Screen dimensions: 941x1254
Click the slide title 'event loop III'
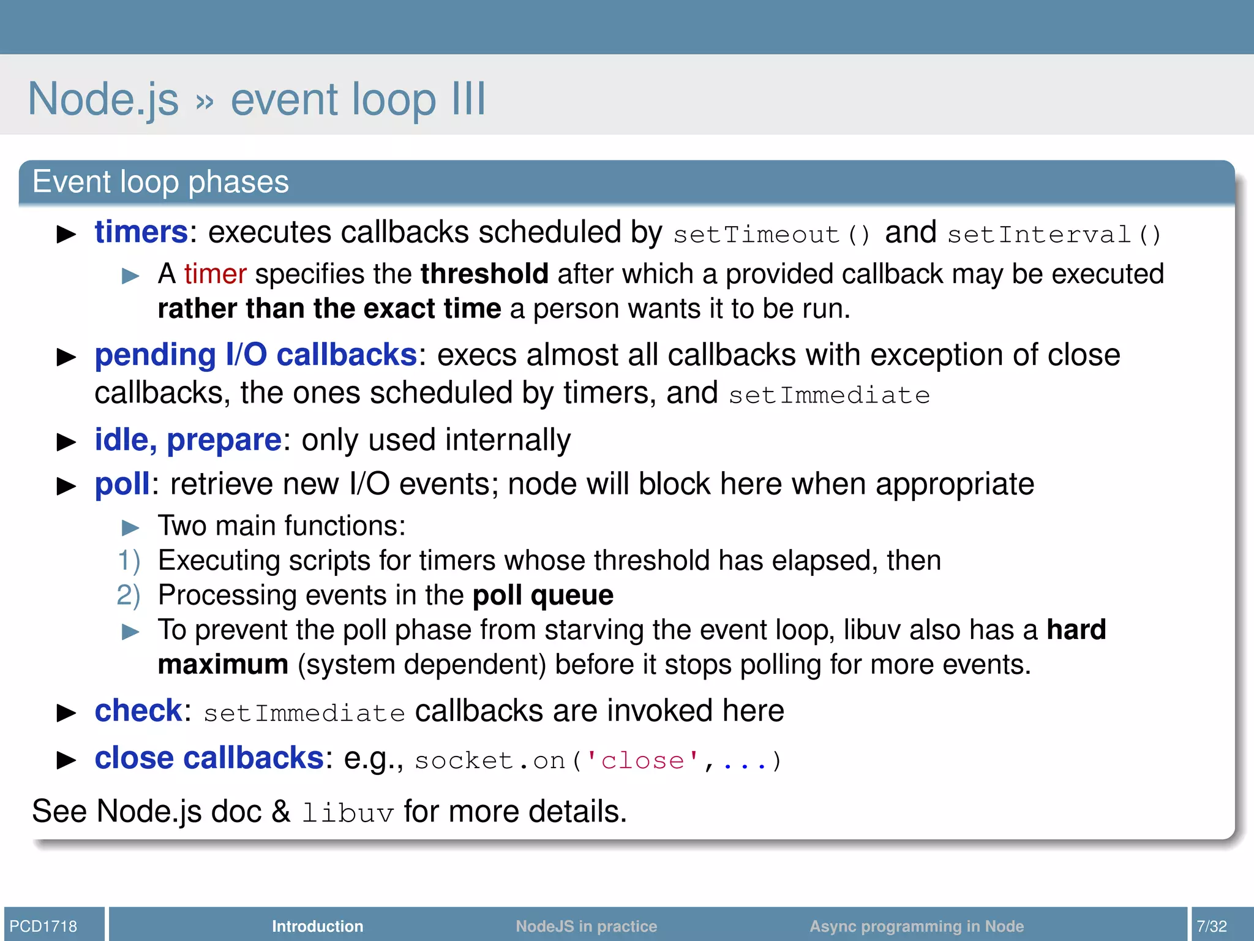(x=358, y=99)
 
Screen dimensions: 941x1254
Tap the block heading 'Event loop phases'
(x=160, y=182)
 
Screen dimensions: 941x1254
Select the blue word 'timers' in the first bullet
(x=141, y=232)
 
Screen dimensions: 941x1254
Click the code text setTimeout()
(x=772, y=235)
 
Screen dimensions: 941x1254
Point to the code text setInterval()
(x=1054, y=235)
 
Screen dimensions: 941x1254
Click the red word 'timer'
(x=215, y=274)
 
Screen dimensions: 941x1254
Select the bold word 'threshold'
(x=484, y=274)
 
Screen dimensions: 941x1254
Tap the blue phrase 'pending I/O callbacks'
(x=256, y=355)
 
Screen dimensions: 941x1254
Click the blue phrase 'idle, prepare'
(x=188, y=440)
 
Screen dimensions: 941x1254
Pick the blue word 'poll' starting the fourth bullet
(x=122, y=484)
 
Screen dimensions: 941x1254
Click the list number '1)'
(x=129, y=561)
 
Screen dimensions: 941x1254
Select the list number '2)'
(x=129, y=595)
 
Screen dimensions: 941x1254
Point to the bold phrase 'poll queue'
(x=543, y=595)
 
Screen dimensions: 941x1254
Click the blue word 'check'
(x=138, y=711)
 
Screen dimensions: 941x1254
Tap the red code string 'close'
(x=642, y=761)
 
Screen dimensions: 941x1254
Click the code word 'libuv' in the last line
(x=347, y=813)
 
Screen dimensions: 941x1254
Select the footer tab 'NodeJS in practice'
(x=586, y=926)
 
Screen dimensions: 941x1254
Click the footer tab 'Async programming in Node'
(x=916, y=926)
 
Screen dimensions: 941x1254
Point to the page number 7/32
(x=1212, y=926)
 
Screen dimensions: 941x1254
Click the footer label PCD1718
(x=43, y=926)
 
